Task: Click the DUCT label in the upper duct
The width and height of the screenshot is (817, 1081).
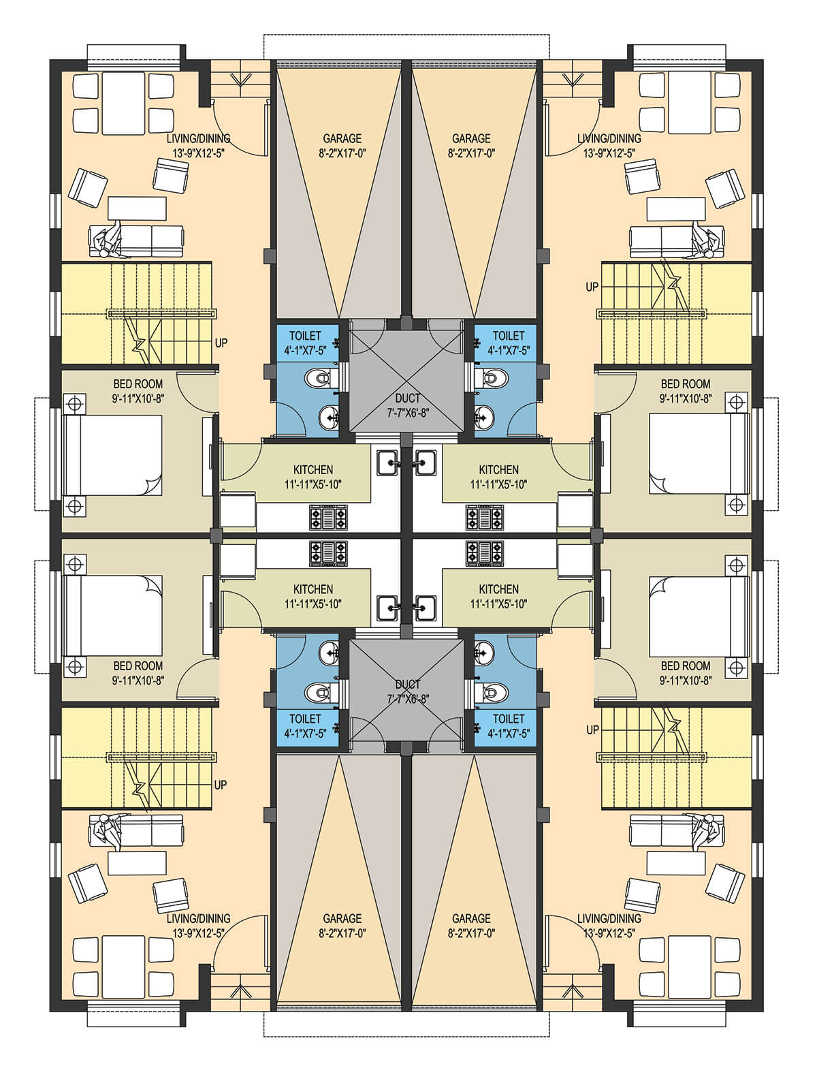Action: tap(407, 398)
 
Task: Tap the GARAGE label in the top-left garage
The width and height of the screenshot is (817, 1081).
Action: tap(342, 138)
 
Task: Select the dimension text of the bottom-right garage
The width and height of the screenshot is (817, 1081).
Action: tap(471, 933)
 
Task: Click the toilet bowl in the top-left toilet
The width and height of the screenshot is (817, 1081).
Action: tap(319, 379)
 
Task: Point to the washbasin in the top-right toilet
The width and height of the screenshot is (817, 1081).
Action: tap(485, 417)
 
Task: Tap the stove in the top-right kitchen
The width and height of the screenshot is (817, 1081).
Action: tap(485, 518)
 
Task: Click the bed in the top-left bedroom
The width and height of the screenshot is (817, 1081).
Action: tap(114, 454)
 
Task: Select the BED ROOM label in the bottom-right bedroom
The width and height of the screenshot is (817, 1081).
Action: tap(685, 666)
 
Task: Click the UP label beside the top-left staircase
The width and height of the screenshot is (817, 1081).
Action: tap(221, 343)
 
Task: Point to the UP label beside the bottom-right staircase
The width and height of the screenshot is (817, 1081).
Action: tap(592, 730)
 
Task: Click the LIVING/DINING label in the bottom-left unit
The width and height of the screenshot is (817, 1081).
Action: tap(198, 918)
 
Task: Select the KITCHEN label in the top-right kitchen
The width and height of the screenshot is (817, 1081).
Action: tap(498, 470)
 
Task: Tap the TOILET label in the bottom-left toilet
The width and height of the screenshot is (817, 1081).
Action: tap(305, 719)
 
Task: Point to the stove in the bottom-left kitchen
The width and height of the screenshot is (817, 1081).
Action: tap(328, 553)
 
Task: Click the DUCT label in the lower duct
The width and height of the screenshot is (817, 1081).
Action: tap(407, 684)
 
